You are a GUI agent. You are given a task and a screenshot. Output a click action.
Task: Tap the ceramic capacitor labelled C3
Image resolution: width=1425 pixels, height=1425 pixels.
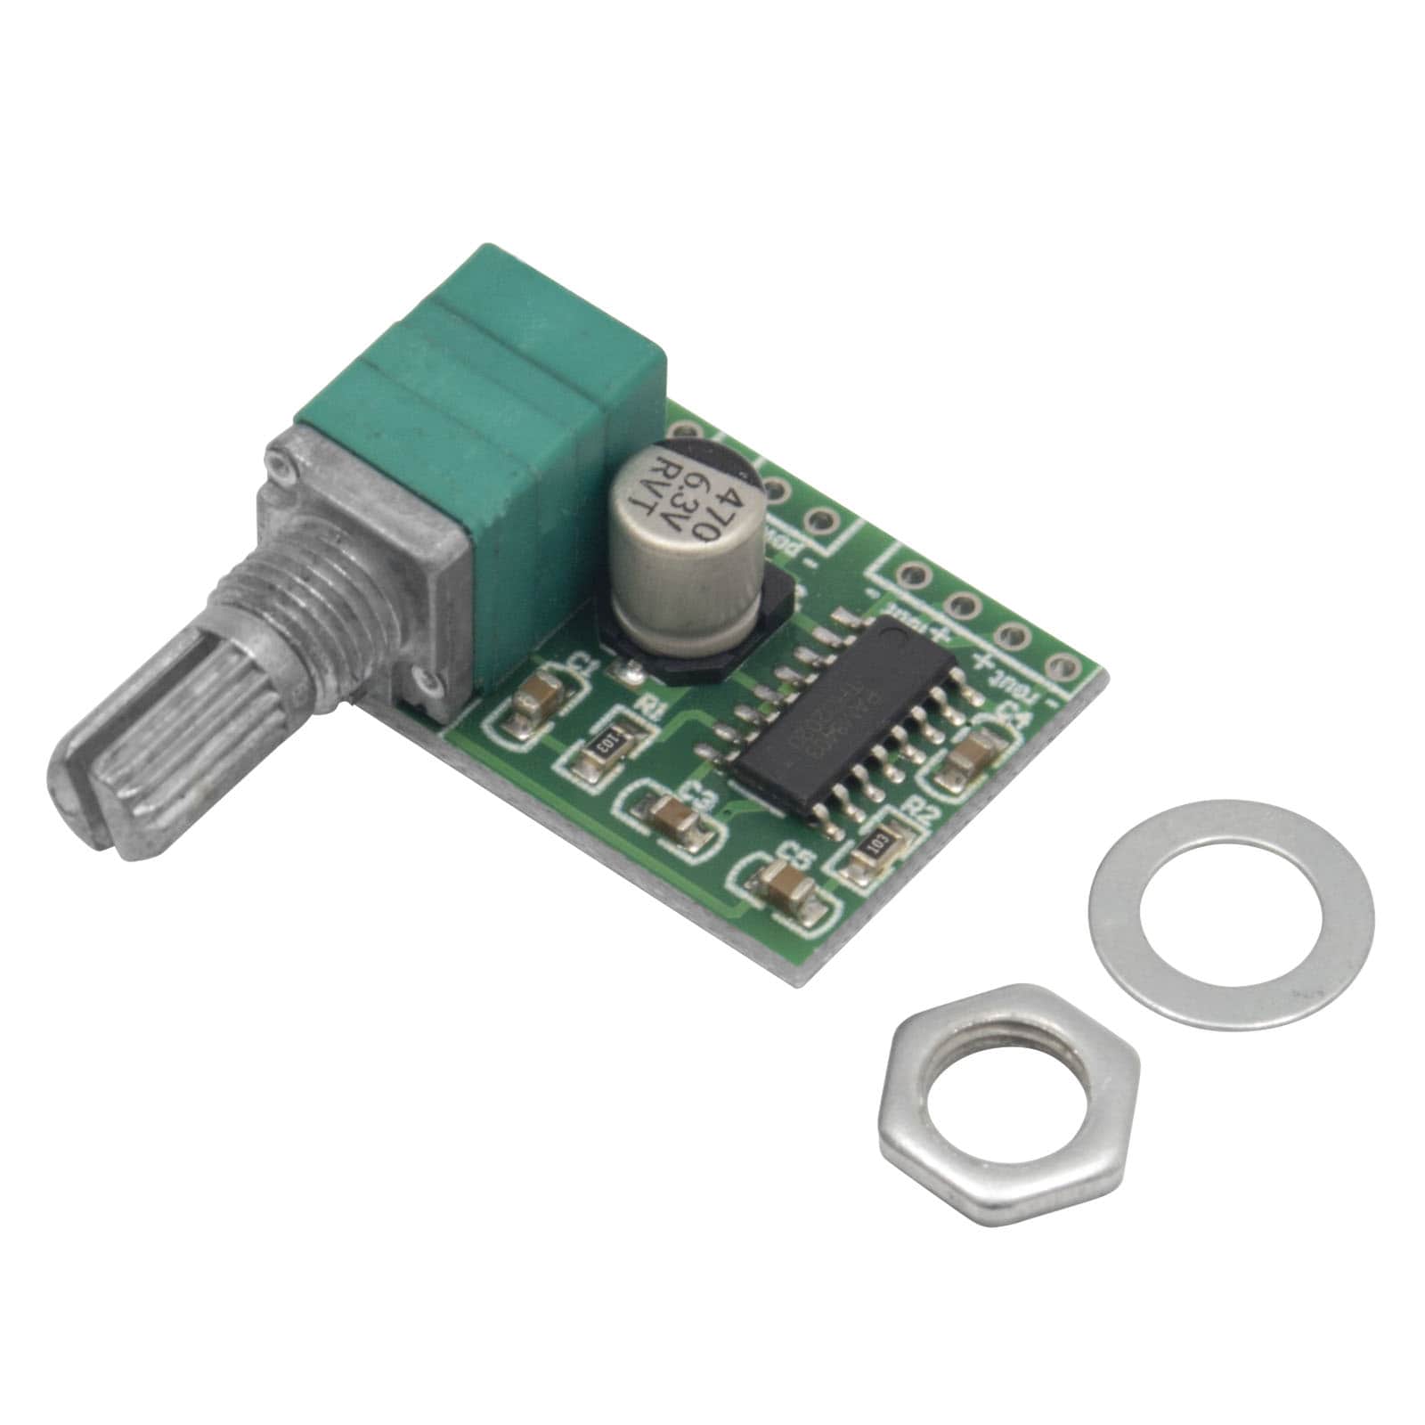(x=670, y=813)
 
